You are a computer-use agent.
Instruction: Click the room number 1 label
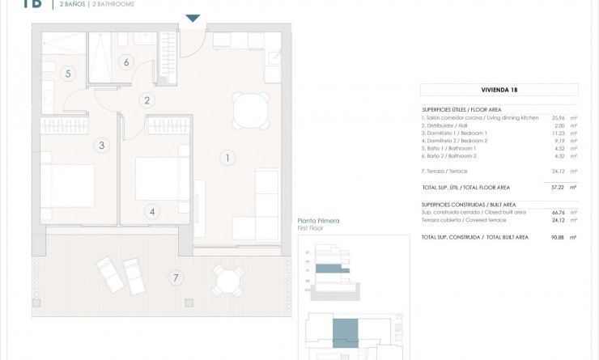(228, 158)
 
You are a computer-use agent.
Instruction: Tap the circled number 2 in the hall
(147, 101)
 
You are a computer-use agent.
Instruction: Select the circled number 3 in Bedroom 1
(101, 146)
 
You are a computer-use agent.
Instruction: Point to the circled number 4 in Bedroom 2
(151, 212)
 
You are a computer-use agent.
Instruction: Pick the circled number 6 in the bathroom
(126, 61)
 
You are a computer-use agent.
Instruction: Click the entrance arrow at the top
(192, 19)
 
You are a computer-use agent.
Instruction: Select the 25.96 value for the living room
(558, 118)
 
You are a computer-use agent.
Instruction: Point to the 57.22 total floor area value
(558, 187)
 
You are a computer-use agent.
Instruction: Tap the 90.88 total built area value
(558, 237)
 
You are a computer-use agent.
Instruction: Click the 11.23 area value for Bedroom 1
(558, 134)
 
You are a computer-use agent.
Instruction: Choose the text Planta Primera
(317, 221)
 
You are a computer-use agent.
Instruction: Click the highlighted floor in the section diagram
(329, 269)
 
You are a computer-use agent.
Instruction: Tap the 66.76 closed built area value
(558, 212)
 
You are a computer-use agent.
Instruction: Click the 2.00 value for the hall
(558, 126)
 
